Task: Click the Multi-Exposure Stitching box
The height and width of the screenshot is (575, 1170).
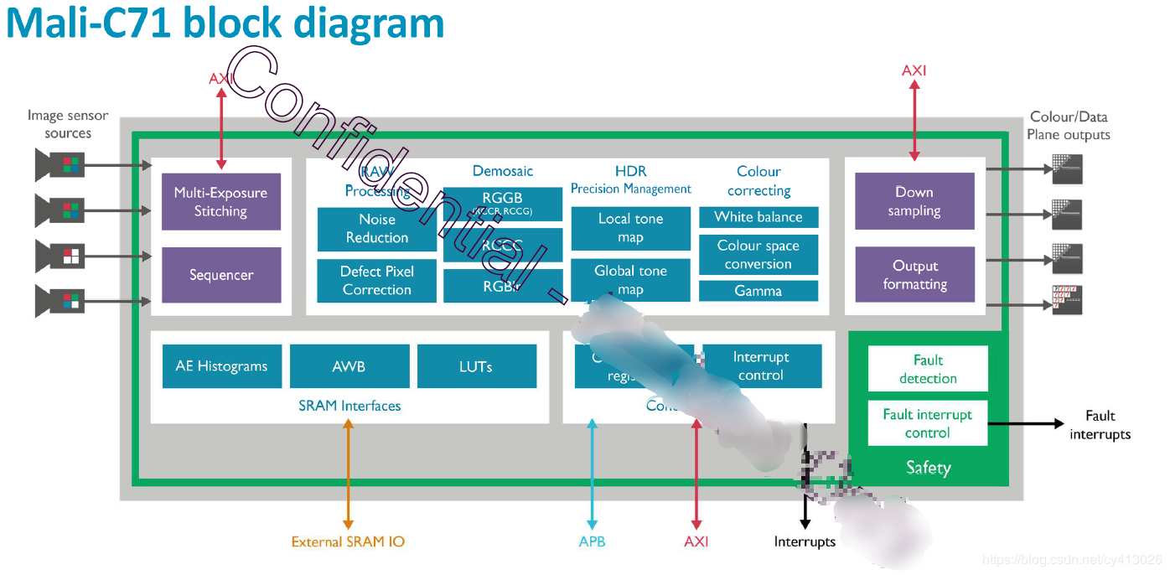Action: pos(220,202)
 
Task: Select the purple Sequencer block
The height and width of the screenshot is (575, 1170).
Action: pos(220,275)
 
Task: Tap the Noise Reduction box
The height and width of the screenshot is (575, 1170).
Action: pos(376,229)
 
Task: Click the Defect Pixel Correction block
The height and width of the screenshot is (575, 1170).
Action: pos(376,281)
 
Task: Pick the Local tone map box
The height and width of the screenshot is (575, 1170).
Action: pos(630,228)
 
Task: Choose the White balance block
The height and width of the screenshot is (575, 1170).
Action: pos(758,217)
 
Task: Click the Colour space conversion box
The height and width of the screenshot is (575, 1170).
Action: pos(758,255)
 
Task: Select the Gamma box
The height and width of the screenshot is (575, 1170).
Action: pos(758,291)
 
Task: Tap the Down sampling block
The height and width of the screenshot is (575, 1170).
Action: pos(914,201)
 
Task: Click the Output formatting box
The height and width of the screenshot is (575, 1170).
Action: pos(914,275)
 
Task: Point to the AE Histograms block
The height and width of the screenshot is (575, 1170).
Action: pos(221,366)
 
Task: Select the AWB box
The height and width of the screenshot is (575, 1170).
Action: pos(349,366)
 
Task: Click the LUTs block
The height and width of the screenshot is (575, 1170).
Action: pos(475,366)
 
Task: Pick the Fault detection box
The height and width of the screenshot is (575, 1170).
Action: pos(927,369)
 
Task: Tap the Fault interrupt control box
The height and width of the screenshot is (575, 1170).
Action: pos(927,423)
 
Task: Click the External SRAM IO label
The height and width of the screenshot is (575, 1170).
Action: pos(348,541)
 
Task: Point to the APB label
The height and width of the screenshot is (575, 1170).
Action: pos(592,541)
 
